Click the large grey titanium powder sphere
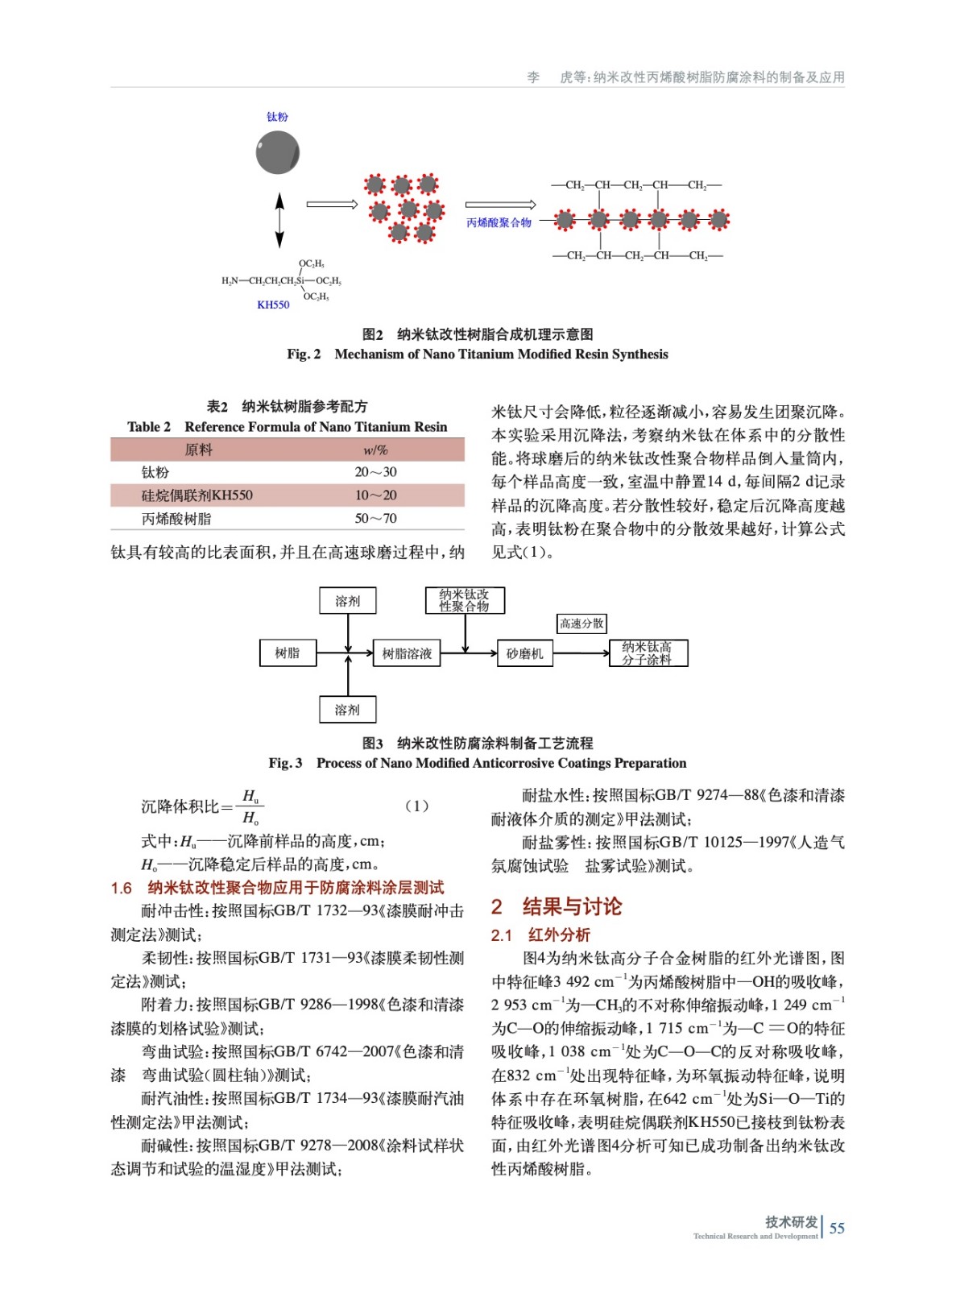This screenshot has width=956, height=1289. (x=277, y=151)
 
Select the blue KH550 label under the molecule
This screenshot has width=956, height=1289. (x=273, y=305)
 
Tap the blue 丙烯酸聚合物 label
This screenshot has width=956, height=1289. (x=499, y=222)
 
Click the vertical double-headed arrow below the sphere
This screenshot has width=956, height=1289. (x=279, y=220)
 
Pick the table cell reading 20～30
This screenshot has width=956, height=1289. (x=375, y=472)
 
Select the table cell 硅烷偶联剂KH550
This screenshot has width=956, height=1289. (x=197, y=495)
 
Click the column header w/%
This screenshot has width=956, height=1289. (x=375, y=450)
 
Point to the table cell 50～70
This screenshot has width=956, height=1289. (x=375, y=518)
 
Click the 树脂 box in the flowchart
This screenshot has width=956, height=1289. (x=288, y=653)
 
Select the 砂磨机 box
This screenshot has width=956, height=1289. (x=524, y=653)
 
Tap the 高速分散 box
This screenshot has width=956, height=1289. (x=581, y=623)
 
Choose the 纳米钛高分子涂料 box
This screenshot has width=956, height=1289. (x=647, y=653)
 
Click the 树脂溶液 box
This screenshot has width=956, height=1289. (x=407, y=653)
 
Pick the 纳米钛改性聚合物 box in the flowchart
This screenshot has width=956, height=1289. (x=465, y=600)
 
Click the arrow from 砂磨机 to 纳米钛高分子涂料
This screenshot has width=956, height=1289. (x=581, y=653)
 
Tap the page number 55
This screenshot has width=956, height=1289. (x=837, y=1228)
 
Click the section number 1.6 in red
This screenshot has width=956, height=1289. (x=122, y=888)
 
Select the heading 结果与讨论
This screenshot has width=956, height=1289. (x=572, y=906)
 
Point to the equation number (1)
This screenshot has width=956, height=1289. (x=416, y=806)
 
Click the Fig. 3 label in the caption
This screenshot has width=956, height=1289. (x=286, y=763)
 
